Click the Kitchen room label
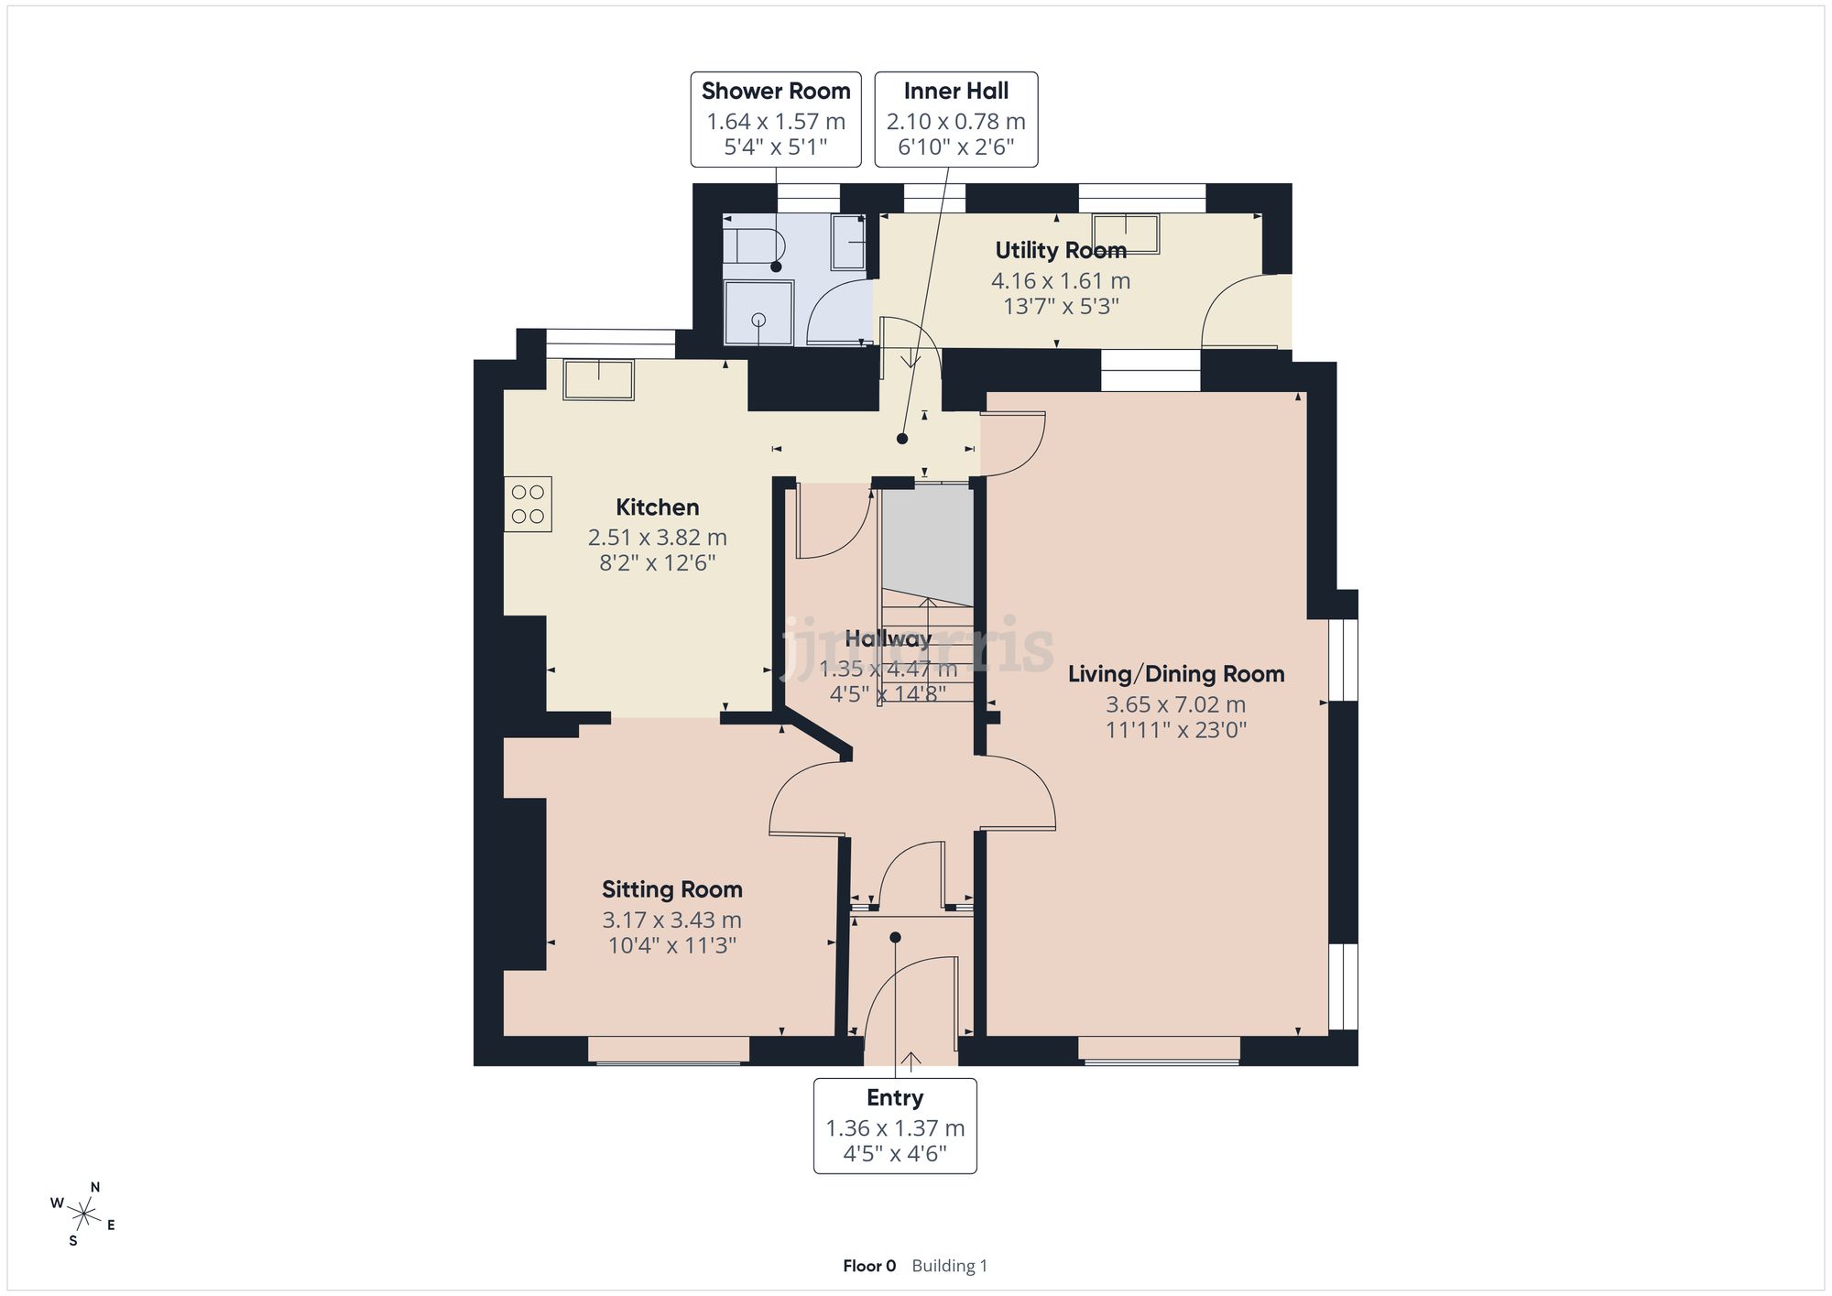pyautogui.click(x=657, y=507)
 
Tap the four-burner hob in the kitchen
pyautogui.click(x=528, y=504)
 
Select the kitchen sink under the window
pyautogui.click(x=599, y=380)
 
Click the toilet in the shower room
pyautogui.click(x=755, y=245)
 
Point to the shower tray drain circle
pyautogui.click(x=758, y=319)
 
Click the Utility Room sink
pyautogui.click(x=1126, y=233)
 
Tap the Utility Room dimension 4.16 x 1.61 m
pyautogui.click(x=1061, y=281)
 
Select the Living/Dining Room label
pyautogui.click(x=1175, y=675)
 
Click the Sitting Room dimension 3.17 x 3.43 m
pyautogui.click(x=671, y=920)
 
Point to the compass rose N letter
pyautogui.click(x=95, y=1187)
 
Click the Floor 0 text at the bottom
pyautogui.click(x=869, y=1266)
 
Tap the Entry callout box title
pyautogui.click(x=895, y=1098)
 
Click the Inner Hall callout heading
pyautogui.click(x=955, y=92)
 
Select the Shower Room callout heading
pyautogui.click(x=776, y=92)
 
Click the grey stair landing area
pyautogui.click(x=927, y=540)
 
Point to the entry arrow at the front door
pyautogui.click(x=911, y=1061)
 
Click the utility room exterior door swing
pyautogui.click(x=1237, y=311)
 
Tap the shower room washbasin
pyautogui.click(x=848, y=242)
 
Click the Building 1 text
pyautogui.click(x=949, y=1266)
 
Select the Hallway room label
pyautogui.click(x=888, y=638)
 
